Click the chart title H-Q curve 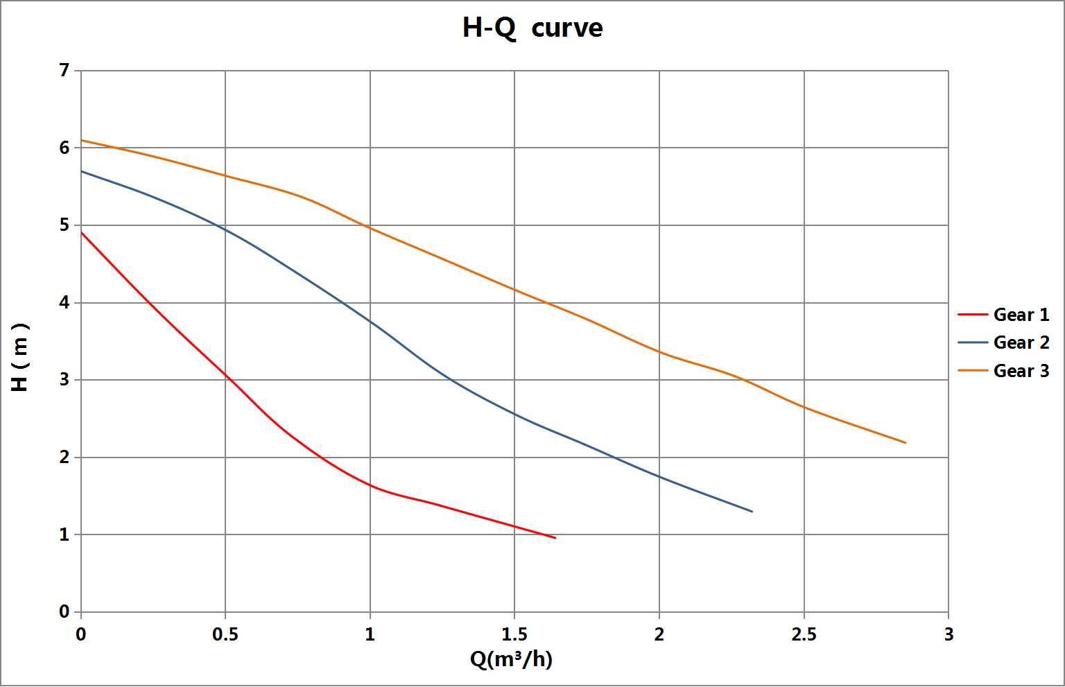pyautogui.click(x=532, y=28)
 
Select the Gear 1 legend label pyautogui.click(x=1021, y=315)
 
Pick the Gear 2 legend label pyautogui.click(x=1021, y=342)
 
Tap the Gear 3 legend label pyautogui.click(x=1021, y=371)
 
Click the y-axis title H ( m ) pyautogui.click(x=21, y=357)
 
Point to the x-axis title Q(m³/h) pyautogui.click(x=511, y=659)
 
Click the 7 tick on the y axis pyautogui.click(x=64, y=70)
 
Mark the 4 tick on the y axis pyautogui.click(x=64, y=302)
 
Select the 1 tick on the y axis pyautogui.click(x=64, y=534)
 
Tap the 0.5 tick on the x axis pyautogui.click(x=225, y=634)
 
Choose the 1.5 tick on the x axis pyautogui.click(x=514, y=634)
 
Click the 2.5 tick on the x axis pyautogui.click(x=804, y=634)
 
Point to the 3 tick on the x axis pyautogui.click(x=949, y=634)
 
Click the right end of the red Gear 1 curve pyautogui.click(x=555, y=538)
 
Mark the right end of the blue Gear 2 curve pyautogui.click(x=752, y=512)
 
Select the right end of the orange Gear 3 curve pyautogui.click(x=905, y=442)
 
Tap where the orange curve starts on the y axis pyautogui.click(x=82, y=141)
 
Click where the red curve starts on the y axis pyautogui.click(x=82, y=233)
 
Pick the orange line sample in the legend pyautogui.click(x=972, y=371)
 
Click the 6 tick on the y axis pyautogui.click(x=64, y=148)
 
